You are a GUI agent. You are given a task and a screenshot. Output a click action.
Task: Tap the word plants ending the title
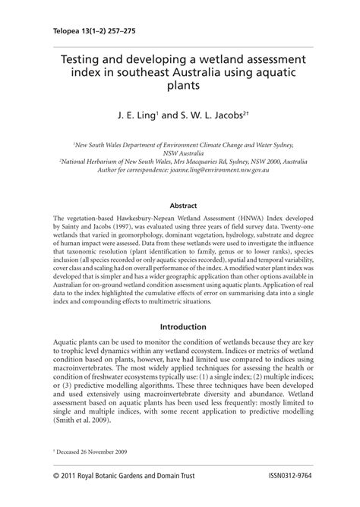click(x=180, y=86)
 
